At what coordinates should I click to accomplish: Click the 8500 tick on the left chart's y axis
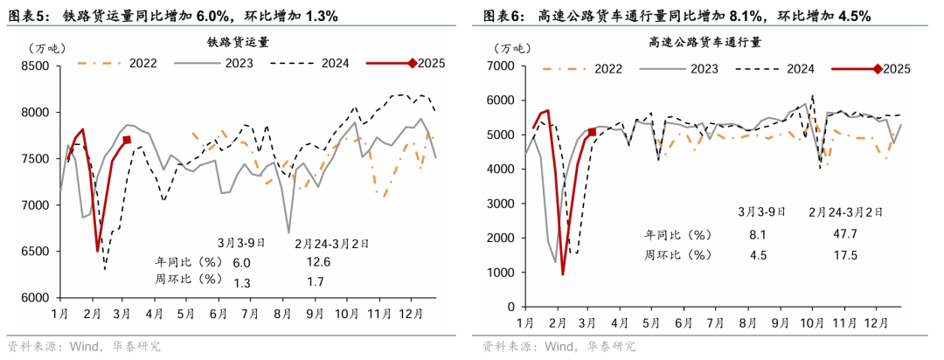pos(38,66)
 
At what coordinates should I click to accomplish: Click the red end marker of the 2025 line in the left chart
pos(127,140)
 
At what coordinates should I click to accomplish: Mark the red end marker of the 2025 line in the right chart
pos(593,132)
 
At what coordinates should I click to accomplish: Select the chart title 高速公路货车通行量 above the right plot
pos(705,41)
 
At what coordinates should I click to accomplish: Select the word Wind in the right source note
pos(559,347)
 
